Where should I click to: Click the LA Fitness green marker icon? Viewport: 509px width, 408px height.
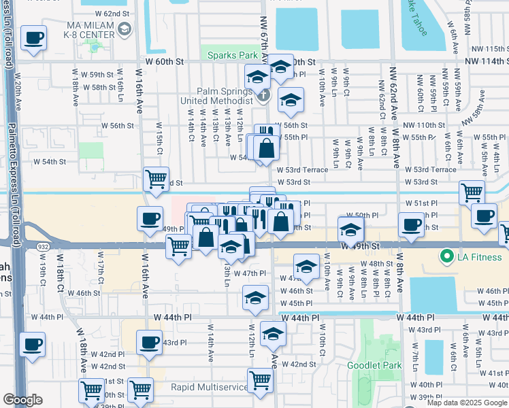point(447,256)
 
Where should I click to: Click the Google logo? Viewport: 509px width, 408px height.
point(22,400)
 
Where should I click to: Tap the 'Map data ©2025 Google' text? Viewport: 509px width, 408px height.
point(467,403)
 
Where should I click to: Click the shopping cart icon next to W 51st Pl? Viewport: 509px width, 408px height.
point(472,192)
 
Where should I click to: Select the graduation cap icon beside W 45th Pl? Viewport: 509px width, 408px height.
point(255,298)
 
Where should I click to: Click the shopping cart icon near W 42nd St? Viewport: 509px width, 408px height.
point(260,380)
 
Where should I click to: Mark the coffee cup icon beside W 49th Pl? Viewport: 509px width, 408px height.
point(149,219)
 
